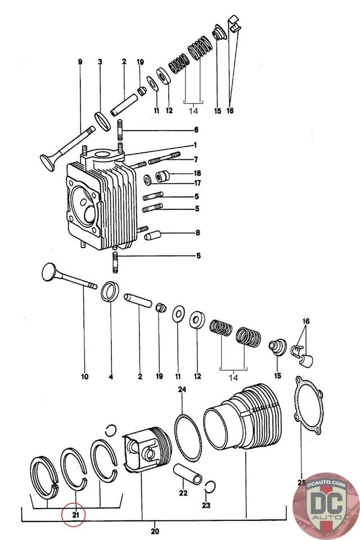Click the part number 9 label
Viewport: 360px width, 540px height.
point(80,60)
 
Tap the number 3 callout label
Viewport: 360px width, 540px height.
point(100,60)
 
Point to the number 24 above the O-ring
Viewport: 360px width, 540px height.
point(182,389)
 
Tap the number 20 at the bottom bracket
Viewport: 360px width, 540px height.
point(155,531)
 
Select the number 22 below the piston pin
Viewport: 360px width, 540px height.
point(183,493)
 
